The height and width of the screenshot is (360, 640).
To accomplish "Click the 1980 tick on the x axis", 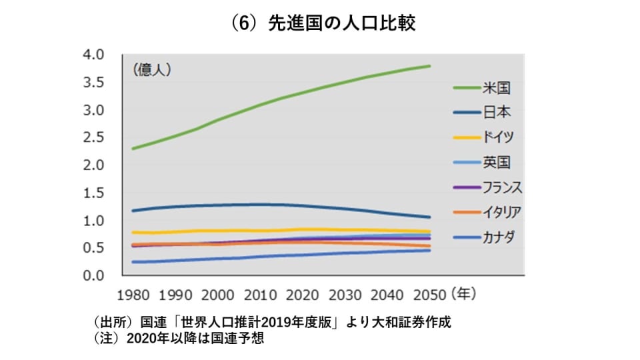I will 133,293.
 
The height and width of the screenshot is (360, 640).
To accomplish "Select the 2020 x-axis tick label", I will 303,293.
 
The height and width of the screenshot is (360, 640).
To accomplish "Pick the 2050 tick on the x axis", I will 430,293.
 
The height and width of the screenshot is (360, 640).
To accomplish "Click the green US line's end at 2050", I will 430,66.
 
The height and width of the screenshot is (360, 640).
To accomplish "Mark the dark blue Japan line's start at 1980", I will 133,211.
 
